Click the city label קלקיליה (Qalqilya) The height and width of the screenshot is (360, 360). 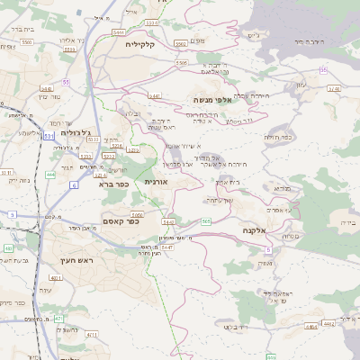pyautogui.click(x=141, y=44)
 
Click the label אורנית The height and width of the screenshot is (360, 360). pyautogui.click(x=157, y=182)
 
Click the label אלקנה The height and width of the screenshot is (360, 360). pyautogui.click(x=253, y=230)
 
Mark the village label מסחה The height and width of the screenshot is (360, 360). pyautogui.click(x=291, y=237)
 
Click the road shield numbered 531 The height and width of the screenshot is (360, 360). pyautogui.click(x=49, y=135)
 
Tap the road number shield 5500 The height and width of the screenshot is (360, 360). pyautogui.click(x=28, y=42)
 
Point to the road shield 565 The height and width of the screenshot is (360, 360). pyautogui.click(x=207, y=221)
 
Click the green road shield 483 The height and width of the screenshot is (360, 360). pyautogui.click(x=8, y=247)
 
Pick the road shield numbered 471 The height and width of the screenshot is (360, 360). pyautogui.click(x=58, y=319)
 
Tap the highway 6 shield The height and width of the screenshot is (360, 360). pyautogui.click(x=73, y=185)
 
